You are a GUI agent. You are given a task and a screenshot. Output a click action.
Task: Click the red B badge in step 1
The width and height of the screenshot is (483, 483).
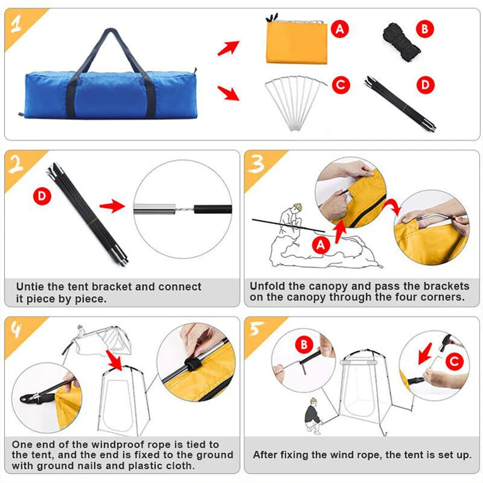pos(425,29)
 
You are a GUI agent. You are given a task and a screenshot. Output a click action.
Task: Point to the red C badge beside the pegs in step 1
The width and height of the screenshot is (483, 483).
pos(341,85)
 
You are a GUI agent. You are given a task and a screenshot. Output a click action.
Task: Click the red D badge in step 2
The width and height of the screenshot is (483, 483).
pos(42,196)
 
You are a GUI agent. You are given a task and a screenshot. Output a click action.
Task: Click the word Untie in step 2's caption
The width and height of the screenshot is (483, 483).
pos(30,287)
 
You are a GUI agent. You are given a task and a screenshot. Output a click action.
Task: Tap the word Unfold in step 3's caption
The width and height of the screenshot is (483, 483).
pos(265,286)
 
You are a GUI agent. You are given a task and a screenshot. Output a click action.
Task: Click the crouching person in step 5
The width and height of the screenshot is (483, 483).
pos(314,415)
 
